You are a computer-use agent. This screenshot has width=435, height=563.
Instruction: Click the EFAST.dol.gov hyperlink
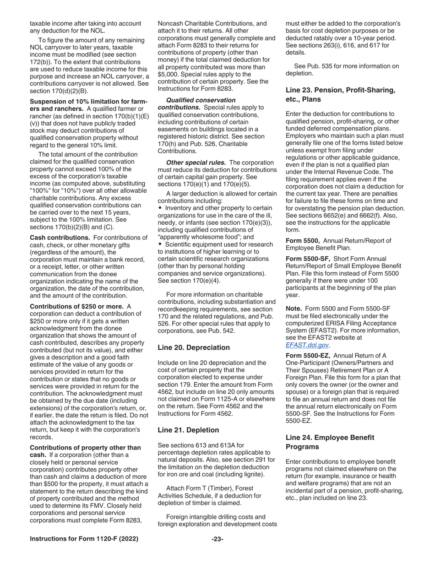click(x=307, y=345)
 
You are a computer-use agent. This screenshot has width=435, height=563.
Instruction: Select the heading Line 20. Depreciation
click(x=194, y=335)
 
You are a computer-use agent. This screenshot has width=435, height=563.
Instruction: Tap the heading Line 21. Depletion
click(x=188, y=430)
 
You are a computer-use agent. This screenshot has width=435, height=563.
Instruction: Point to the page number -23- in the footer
click(x=217, y=539)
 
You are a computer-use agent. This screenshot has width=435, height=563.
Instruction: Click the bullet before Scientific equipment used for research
click(x=160, y=244)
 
